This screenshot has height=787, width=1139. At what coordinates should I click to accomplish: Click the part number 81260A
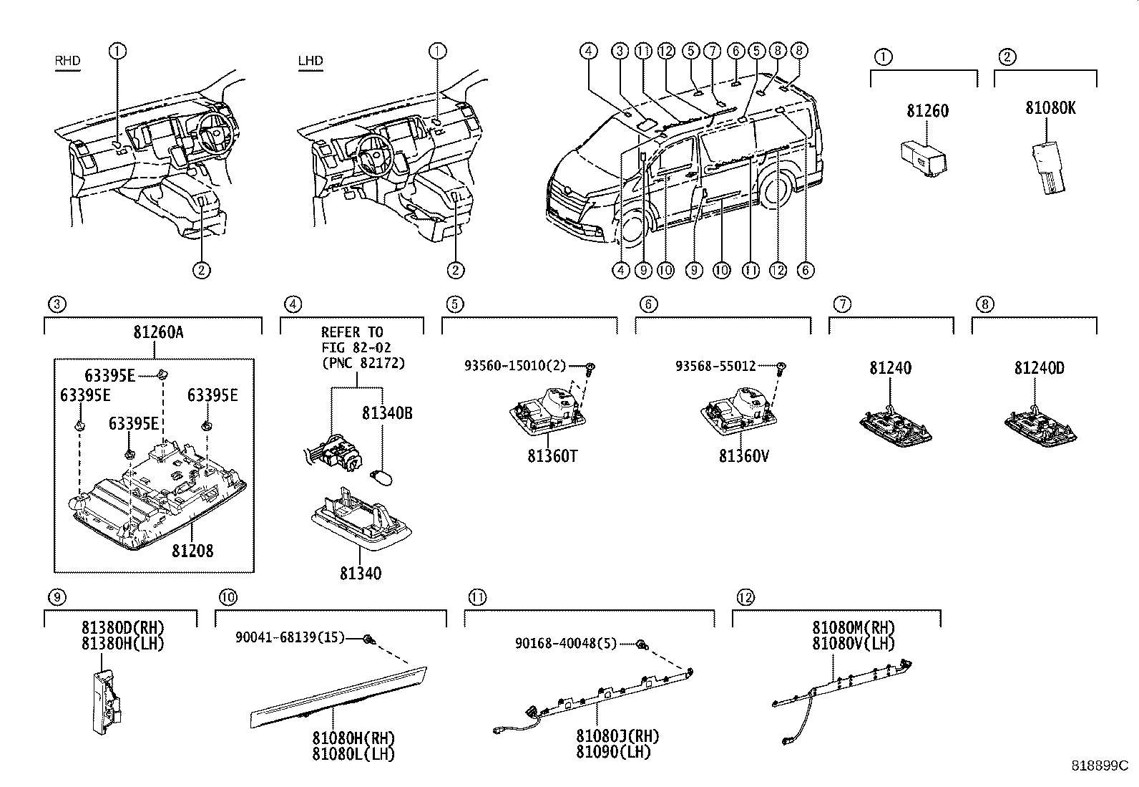(157, 333)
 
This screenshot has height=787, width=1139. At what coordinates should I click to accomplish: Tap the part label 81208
(192, 551)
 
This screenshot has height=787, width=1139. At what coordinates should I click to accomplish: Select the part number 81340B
(386, 413)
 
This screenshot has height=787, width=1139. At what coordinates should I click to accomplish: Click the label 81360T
(552, 456)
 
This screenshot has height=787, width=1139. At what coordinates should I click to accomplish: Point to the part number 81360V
(743, 456)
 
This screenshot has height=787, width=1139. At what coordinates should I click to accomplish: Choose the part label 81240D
(1039, 368)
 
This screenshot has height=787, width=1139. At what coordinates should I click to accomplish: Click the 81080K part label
(1050, 108)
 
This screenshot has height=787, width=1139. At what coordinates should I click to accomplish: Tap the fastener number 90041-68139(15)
(290, 637)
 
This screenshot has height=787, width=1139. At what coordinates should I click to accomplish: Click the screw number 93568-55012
(715, 366)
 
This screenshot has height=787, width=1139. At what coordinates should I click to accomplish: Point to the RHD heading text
(68, 61)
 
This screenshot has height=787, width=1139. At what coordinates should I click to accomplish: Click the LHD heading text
(311, 61)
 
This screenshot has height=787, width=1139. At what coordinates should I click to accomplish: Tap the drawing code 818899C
(1098, 765)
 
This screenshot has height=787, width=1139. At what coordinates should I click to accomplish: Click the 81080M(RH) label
(854, 628)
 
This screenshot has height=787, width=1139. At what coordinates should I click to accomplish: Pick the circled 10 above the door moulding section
(228, 597)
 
